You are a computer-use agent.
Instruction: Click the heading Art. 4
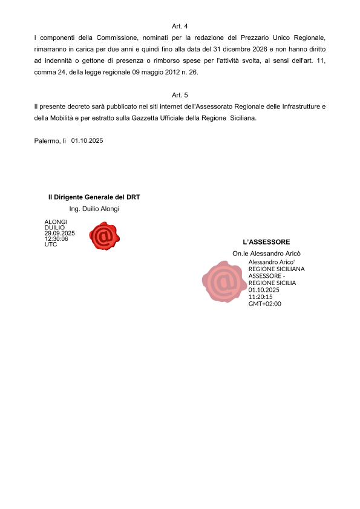click(x=180, y=27)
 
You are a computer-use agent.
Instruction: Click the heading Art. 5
click(x=180, y=95)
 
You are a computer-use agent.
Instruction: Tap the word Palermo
click(x=47, y=141)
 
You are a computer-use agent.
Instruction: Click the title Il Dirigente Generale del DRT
click(x=94, y=197)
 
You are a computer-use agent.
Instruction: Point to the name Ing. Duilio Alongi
click(x=94, y=209)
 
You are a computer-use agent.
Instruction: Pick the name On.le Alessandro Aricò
click(x=266, y=253)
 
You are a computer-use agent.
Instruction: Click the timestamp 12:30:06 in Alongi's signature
click(x=56, y=239)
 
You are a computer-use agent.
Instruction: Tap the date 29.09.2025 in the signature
click(x=59, y=233)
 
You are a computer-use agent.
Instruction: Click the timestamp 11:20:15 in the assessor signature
click(x=260, y=297)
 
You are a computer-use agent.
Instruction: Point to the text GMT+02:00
click(x=264, y=303)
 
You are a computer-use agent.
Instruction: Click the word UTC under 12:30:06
click(x=50, y=245)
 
